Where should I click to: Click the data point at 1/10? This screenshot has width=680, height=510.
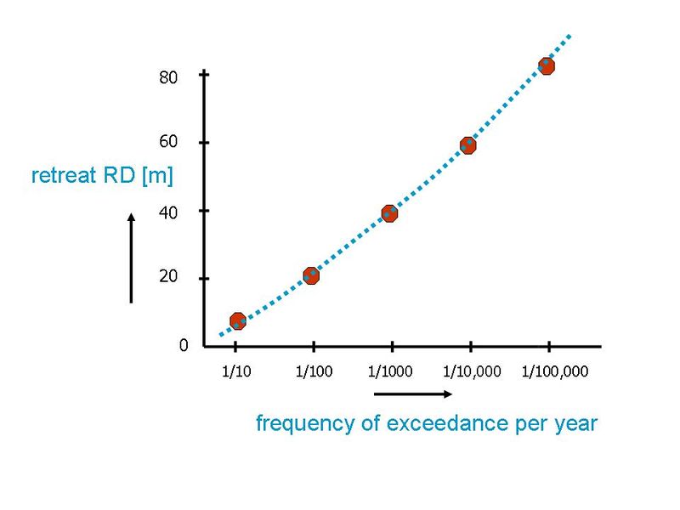coord(238,320)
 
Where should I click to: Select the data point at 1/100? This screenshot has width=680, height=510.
coord(311,275)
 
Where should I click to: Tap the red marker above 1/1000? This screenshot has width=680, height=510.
coord(390,213)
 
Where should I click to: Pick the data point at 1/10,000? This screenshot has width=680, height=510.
coord(467,145)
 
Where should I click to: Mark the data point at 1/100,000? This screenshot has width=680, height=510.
coord(547,66)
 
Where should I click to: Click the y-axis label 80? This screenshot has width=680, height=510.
coord(168,77)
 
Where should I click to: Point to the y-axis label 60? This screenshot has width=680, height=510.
coord(168,143)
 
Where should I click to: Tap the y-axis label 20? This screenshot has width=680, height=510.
coord(168,278)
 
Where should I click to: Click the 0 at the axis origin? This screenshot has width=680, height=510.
coord(184,346)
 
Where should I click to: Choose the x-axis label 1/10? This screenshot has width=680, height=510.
coord(235,371)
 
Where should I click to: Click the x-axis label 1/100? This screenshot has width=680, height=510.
coord(314,371)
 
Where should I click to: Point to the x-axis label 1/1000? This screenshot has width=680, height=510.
coord(392,371)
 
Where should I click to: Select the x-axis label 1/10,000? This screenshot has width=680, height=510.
coord(473,371)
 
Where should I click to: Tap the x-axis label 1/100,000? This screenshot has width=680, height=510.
coord(554,371)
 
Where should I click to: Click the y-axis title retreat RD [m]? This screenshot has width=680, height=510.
coord(102,177)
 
